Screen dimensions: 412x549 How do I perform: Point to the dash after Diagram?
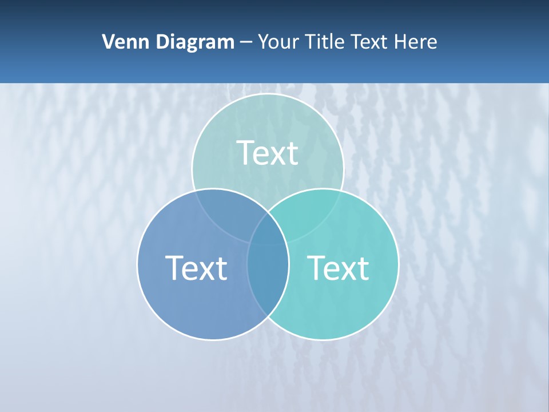pos(246,42)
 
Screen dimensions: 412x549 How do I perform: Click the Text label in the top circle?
pos(268,153)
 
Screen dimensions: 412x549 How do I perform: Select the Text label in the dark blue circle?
pos(196,268)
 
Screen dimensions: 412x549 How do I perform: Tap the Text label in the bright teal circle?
pos(339,268)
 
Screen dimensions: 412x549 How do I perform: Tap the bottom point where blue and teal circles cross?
pos(268,316)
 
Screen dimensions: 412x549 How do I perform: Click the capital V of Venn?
pos(108,42)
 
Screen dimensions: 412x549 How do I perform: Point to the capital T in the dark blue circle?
pos(174,267)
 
